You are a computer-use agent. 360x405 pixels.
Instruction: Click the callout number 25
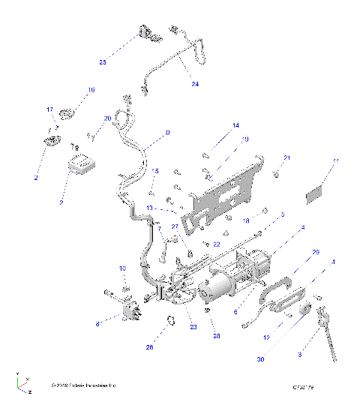coord(103,61)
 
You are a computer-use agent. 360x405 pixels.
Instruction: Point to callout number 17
coord(51,109)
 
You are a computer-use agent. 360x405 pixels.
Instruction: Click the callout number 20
coord(107,119)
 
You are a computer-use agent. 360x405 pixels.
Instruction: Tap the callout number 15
coord(156,172)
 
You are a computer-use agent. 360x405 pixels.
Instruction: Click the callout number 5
coord(282,214)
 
